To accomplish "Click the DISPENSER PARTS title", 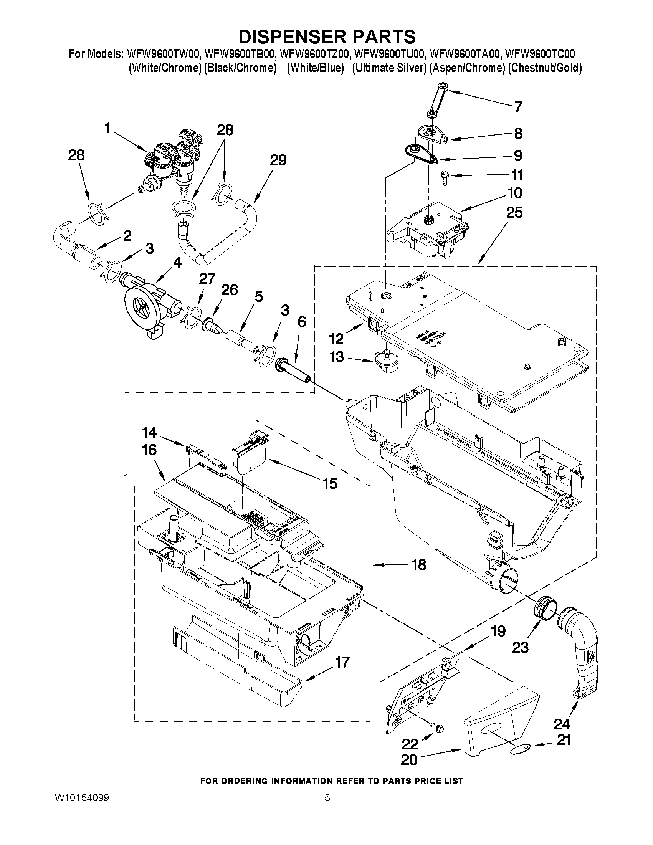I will pos(327,36).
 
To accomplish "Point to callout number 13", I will pos(337,357).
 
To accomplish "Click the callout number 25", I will pos(514,212).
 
